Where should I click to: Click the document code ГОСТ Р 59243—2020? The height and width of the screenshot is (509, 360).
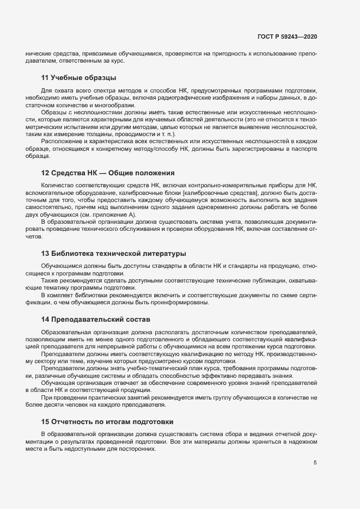[x=287, y=36]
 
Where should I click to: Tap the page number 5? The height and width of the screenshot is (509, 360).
[x=315, y=463]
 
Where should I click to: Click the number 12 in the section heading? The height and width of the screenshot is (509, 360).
[x=45, y=173]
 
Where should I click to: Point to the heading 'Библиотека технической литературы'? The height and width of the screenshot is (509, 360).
[x=118, y=254]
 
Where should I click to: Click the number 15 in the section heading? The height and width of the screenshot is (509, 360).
[x=45, y=421]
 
